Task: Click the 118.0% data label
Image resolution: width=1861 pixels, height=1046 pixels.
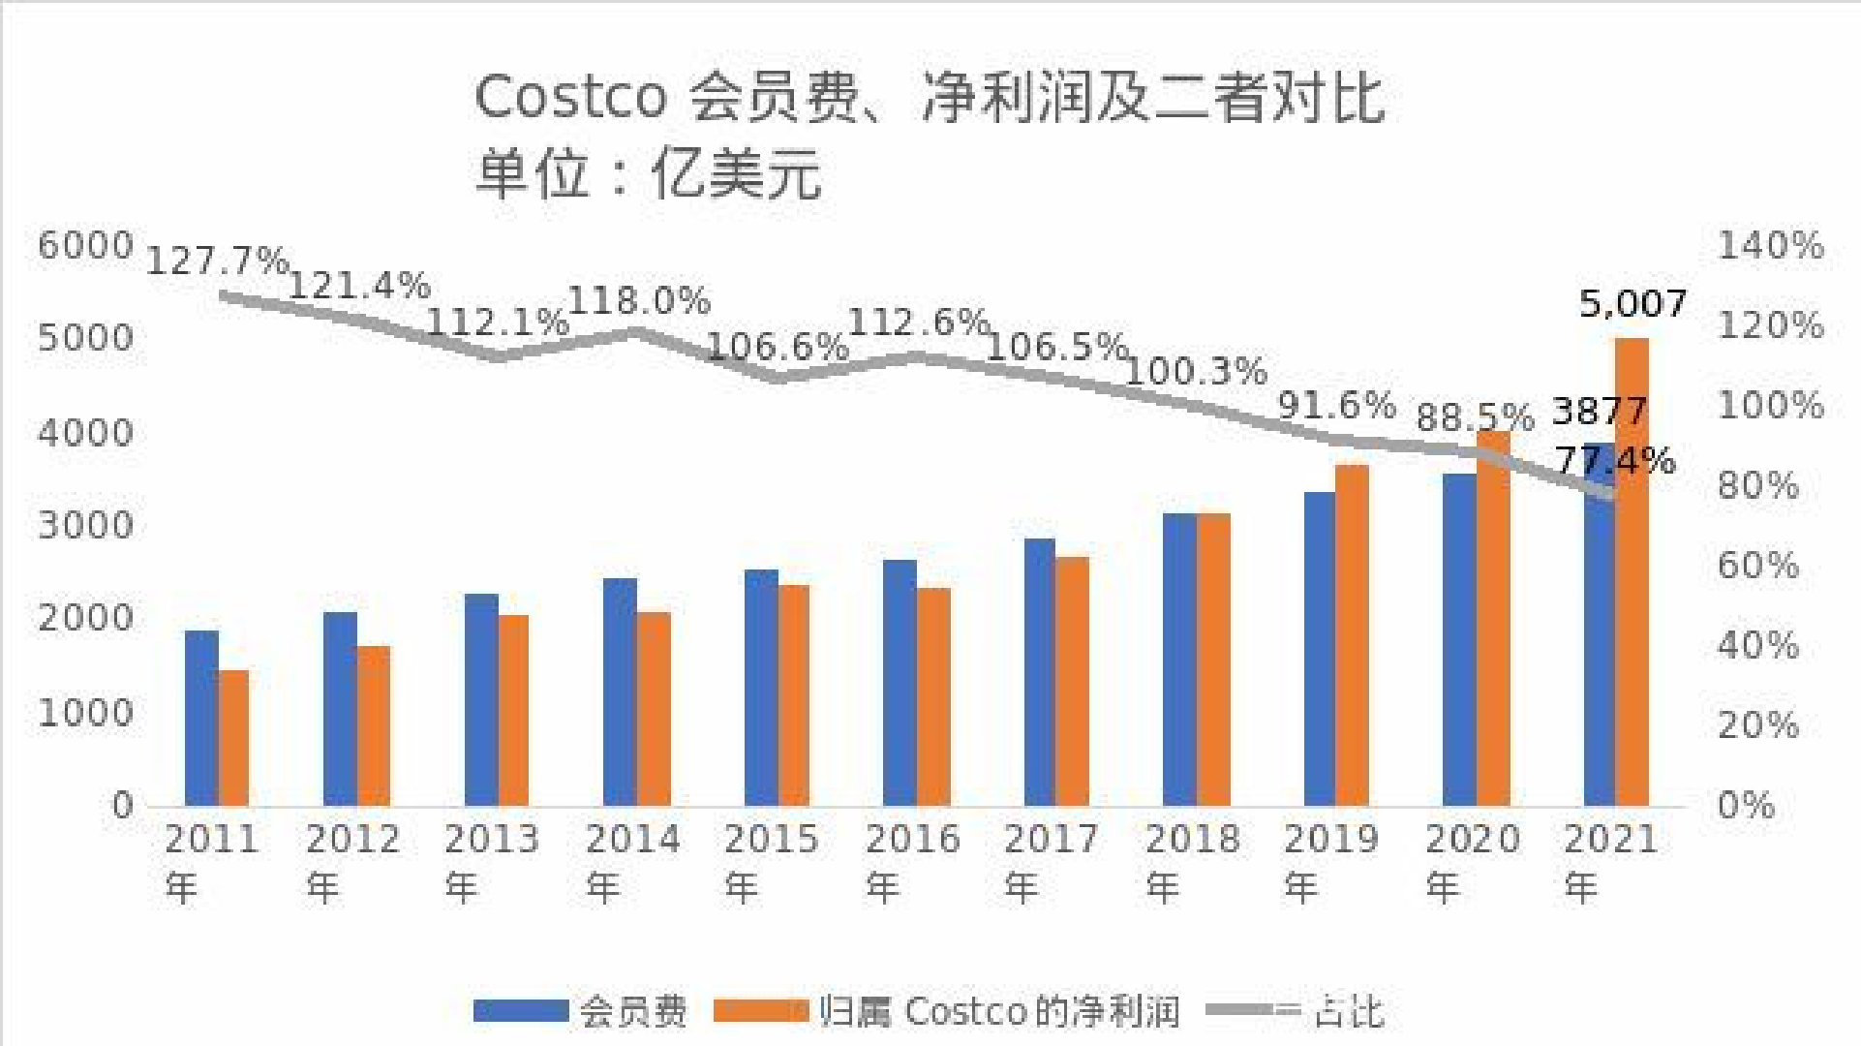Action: click(639, 301)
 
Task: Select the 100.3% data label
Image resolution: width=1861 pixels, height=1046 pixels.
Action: click(1197, 371)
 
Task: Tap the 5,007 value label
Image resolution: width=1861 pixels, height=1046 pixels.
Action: click(1632, 304)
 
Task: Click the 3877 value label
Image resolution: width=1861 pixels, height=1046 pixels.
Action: click(1599, 412)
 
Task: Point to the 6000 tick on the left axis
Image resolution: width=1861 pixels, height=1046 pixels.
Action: click(84, 245)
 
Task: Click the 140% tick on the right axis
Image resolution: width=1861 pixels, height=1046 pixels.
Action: click(1770, 245)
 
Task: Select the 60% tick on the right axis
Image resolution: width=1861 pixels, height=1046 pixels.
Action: click(1757, 565)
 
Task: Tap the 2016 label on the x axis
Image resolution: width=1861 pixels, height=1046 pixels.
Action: click(912, 839)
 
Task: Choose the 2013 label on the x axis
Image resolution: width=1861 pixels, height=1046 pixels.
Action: click(491, 839)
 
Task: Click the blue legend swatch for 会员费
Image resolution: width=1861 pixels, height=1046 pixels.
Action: click(520, 1011)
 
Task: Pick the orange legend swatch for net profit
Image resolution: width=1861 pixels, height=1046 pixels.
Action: click(760, 1011)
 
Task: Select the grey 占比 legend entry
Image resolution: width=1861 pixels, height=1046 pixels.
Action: click(1297, 1011)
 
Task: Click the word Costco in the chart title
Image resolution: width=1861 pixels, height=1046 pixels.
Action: click(570, 97)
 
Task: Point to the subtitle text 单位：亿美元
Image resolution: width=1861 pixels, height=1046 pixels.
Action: click(648, 174)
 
